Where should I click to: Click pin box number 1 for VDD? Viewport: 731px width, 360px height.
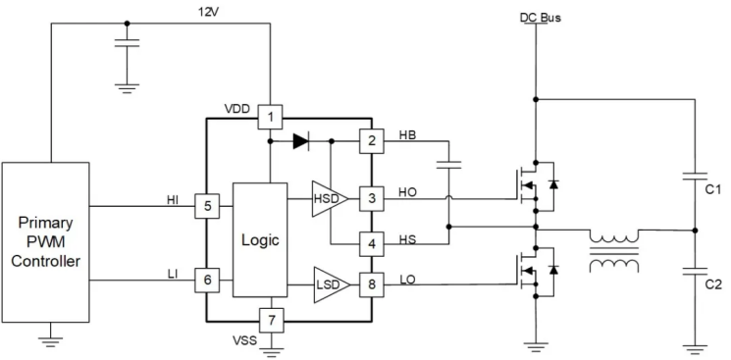click(271, 117)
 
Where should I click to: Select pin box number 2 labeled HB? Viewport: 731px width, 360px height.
click(372, 141)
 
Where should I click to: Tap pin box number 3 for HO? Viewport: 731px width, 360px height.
click(372, 198)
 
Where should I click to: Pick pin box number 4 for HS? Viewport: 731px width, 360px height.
click(372, 244)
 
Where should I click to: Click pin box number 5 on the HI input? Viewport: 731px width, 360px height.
click(207, 206)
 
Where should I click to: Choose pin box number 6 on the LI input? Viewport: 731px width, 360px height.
click(207, 280)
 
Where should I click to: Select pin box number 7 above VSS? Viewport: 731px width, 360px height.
click(272, 321)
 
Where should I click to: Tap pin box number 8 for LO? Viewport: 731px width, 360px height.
click(372, 284)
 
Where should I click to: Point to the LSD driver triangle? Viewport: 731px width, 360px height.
click(331, 284)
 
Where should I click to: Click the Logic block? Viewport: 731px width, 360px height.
click(260, 239)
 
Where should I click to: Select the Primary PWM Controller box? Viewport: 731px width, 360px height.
click(45, 242)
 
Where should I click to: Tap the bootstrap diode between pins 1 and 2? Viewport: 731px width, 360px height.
click(301, 141)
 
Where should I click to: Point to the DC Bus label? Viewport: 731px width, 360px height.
click(541, 18)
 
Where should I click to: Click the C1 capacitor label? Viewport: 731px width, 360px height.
click(712, 189)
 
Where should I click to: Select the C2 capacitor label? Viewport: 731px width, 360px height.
click(712, 284)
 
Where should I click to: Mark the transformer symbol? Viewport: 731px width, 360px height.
click(614, 251)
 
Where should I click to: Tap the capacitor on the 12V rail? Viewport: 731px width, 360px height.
click(127, 43)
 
